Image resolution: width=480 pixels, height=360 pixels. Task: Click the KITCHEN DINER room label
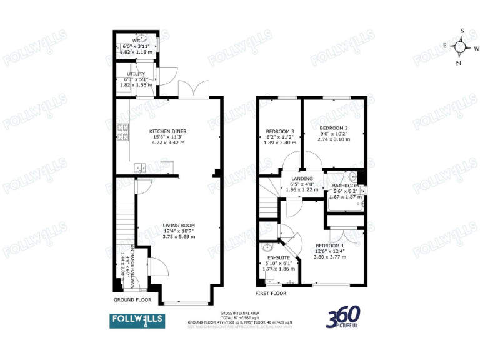(x=168, y=131)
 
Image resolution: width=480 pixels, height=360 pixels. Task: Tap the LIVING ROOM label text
(x=179, y=226)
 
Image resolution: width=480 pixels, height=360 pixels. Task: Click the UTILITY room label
(x=136, y=74)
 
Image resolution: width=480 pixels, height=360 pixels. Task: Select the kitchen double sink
(x=140, y=167)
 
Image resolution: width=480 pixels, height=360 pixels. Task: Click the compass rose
(x=461, y=46)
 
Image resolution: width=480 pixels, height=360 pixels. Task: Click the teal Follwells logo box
(x=137, y=320)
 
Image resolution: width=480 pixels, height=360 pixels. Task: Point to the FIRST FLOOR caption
(x=270, y=292)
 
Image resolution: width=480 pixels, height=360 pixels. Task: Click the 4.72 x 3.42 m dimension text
(x=168, y=142)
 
